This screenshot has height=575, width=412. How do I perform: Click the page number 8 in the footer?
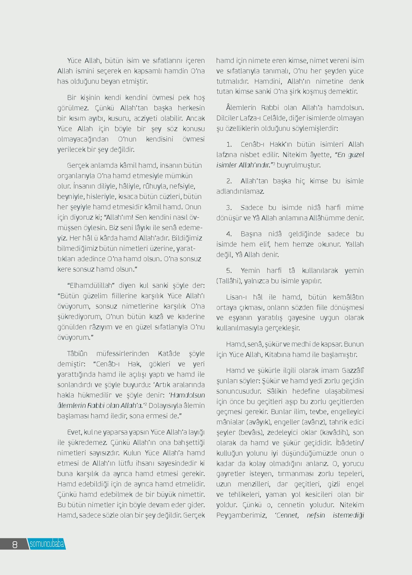coord(15,544)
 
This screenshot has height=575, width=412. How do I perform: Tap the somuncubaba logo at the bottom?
coord(47,544)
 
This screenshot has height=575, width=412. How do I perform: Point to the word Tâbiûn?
coord(77,353)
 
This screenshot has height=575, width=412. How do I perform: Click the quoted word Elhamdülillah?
coord(91,286)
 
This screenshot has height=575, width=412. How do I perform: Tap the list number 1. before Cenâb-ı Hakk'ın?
coord(229,144)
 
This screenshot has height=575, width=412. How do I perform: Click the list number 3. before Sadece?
coord(229,207)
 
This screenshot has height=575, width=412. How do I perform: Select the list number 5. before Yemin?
coord(229,270)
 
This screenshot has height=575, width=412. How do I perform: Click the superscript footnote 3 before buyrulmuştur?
coord(274,164)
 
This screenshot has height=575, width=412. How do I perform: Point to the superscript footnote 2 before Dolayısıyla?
coord(146,404)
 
